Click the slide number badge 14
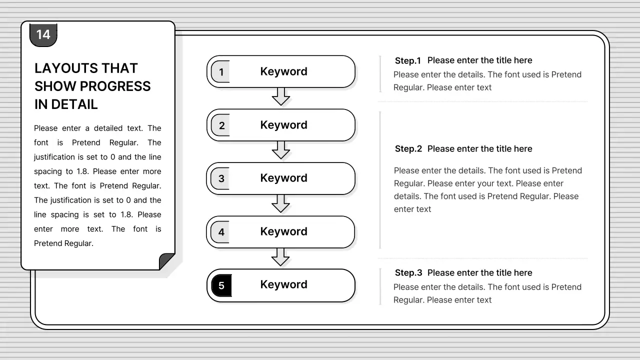click(x=43, y=34)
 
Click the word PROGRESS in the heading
click(x=114, y=86)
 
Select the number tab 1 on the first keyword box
click(x=220, y=72)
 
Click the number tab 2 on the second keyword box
click(x=221, y=125)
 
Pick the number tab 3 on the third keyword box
click(x=221, y=178)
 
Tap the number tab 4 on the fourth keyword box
click(x=221, y=232)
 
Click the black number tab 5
click(x=221, y=285)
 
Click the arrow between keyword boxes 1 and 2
click(x=280, y=96)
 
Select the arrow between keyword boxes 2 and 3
click(x=280, y=149)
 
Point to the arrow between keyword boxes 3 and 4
click(x=280, y=203)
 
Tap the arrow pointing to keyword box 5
click(x=280, y=256)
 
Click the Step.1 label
click(x=408, y=61)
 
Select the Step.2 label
click(x=408, y=149)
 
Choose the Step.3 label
click(x=408, y=273)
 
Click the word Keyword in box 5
click(x=283, y=284)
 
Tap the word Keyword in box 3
click(x=283, y=178)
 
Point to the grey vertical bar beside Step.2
click(x=380, y=179)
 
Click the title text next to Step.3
click(x=479, y=273)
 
